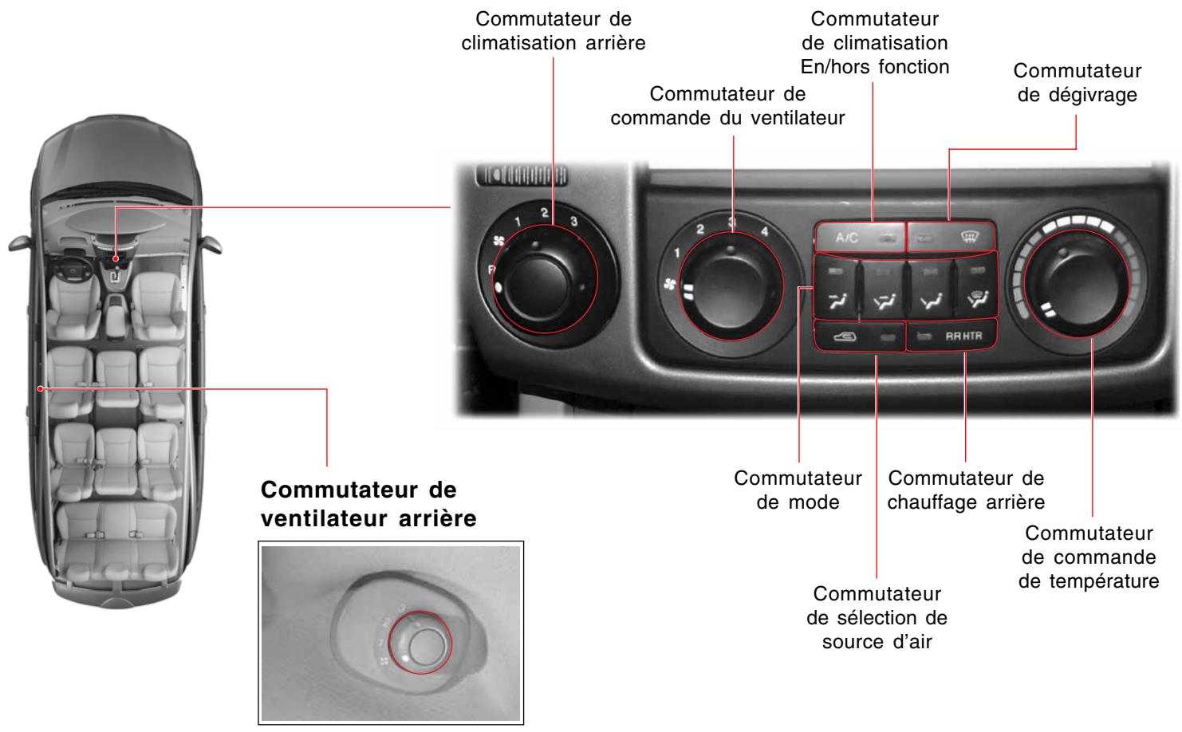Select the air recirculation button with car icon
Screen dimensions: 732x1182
[x=859, y=336]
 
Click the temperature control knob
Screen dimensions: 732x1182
[x=1076, y=285]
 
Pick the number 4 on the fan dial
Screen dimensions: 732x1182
[x=764, y=232]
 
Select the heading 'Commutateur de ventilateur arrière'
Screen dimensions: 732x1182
[x=368, y=503]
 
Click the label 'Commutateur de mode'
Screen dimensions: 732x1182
[x=798, y=490]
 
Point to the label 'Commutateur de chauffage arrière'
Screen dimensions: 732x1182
[x=966, y=490]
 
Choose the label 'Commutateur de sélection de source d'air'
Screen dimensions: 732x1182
[x=877, y=618]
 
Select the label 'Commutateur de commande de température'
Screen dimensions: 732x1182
[x=1089, y=557]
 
